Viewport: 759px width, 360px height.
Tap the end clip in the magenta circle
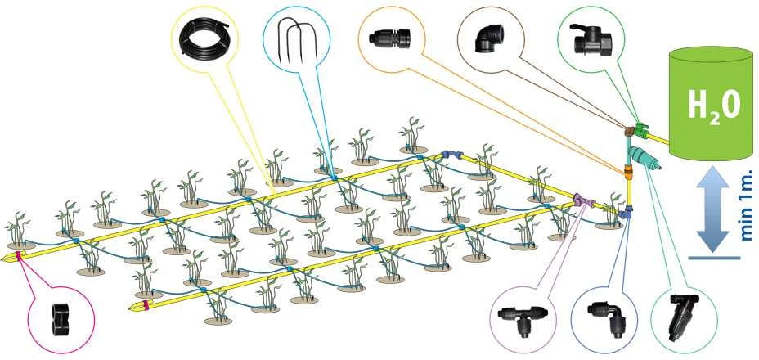coord(61,319)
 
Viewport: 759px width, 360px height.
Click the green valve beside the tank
coord(641,128)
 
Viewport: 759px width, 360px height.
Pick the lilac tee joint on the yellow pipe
coord(582,200)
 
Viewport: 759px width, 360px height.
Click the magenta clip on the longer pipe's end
coord(18,255)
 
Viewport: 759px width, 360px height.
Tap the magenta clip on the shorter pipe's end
coord(146,305)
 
